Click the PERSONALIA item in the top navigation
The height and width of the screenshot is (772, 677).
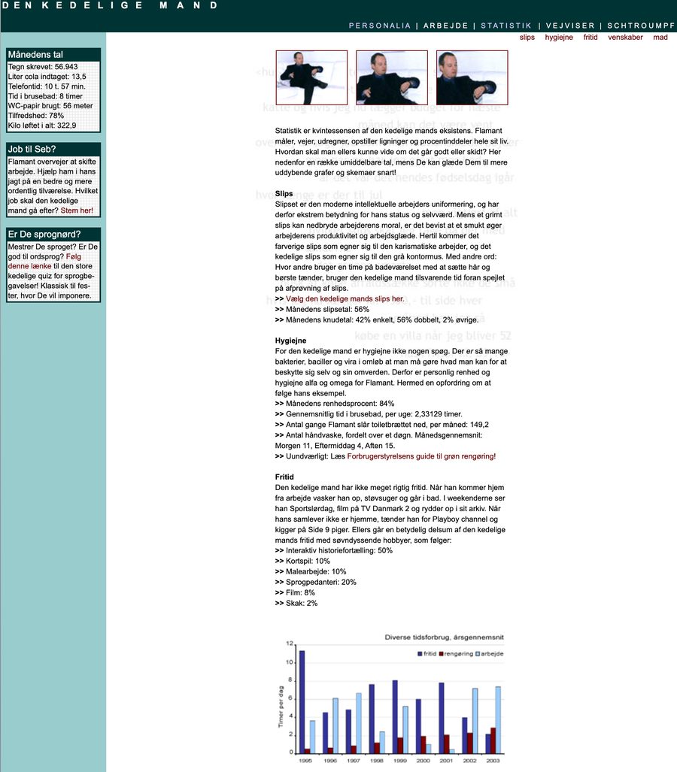(379, 26)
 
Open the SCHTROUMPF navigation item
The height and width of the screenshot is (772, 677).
(641, 26)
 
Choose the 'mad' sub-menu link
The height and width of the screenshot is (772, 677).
(660, 37)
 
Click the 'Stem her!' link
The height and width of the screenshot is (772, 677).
(77, 210)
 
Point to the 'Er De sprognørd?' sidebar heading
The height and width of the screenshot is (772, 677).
(44, 234)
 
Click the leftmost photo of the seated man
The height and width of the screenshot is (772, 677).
(311, 77)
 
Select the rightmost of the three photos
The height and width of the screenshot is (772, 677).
(472, 77)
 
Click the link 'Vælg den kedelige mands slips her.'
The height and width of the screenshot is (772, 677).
(345, 298)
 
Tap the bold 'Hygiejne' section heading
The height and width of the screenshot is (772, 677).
(290, 341)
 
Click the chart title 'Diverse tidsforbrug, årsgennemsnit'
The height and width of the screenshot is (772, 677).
(444, 637)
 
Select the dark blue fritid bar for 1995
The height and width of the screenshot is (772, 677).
(302, 701)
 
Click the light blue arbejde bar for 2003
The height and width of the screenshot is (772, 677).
(499, 719)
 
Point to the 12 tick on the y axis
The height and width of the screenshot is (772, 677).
(289, 644)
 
